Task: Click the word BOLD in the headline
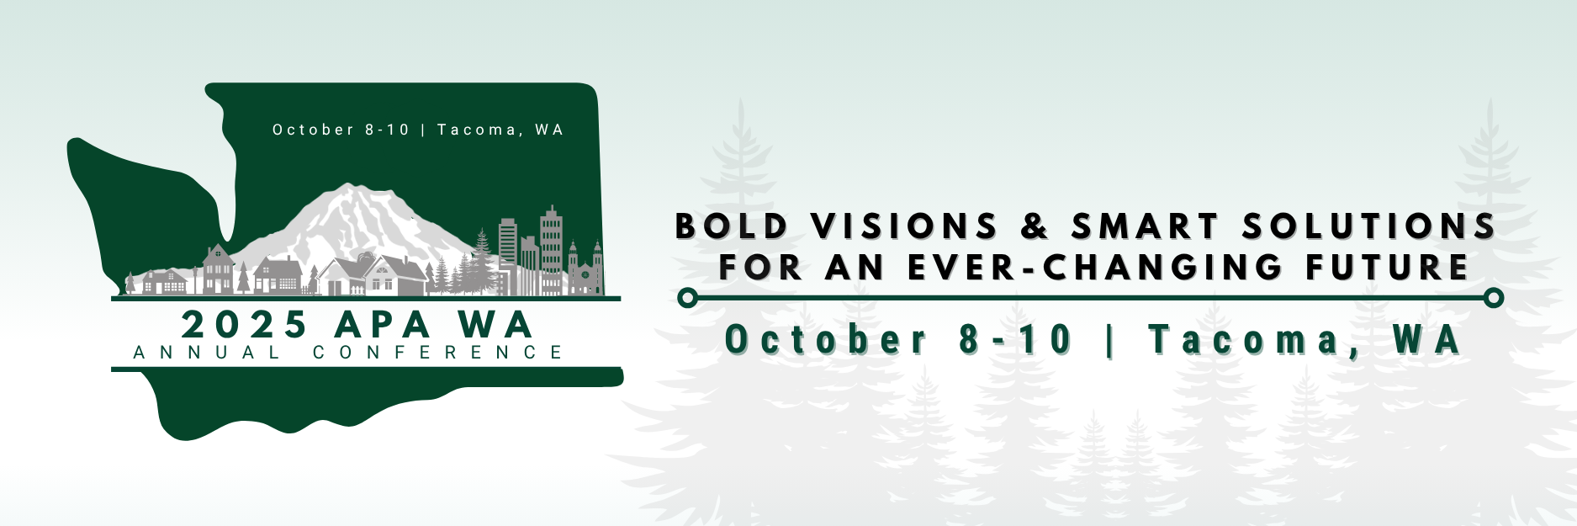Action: click(733, 226)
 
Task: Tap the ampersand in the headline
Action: click(1035, 226)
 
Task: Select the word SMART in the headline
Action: click(1145, 226)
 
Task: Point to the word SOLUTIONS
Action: click(1369, 226)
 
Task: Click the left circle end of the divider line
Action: click(687, 298)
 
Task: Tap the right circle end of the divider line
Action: click(1494, 298)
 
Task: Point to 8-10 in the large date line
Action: click(1016, 340)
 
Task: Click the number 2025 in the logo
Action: click(245, 325)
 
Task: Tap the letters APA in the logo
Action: click(383, 325)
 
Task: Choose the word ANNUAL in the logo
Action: click(207, 352)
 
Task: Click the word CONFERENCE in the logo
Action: click(438, 352)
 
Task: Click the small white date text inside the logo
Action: click(417, 130)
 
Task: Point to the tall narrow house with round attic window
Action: click(219, 268)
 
